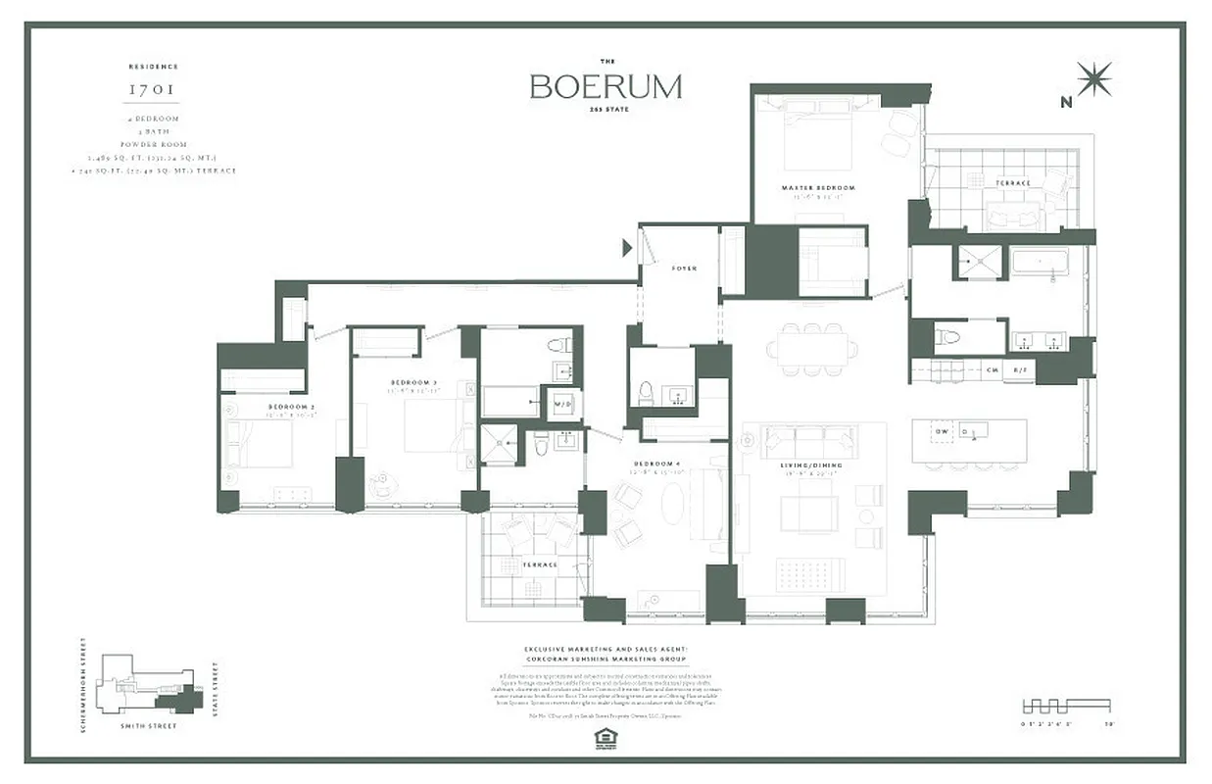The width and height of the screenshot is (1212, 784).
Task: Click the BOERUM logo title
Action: pyautogui.click(x=606, y=86)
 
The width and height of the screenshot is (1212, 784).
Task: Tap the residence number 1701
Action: pyautogui.click(x=153, y=89)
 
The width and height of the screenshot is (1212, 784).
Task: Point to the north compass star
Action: pyautogui.click(x=1093, y=79)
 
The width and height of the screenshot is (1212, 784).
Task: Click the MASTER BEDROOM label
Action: pyautogui.click(x=818, y=187)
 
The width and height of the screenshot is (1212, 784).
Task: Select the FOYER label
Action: pyautogui.click(x=684, y=268)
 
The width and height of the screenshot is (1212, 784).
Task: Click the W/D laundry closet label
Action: pyautogui.click(x=563, y=403)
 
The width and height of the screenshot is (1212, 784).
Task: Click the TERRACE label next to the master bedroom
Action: pyautogui.click(x=1012, y=183)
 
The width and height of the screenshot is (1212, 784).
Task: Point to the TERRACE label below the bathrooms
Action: pyautogui.click(x=539, y=564)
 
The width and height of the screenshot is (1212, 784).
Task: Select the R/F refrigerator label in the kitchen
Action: pyautogui.click(x=1019, y=369)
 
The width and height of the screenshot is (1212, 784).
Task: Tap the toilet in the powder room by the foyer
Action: pyautogui.click(x=646, y=393)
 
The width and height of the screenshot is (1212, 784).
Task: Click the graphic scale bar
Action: pyautogui.click(x=1066, y=705)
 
